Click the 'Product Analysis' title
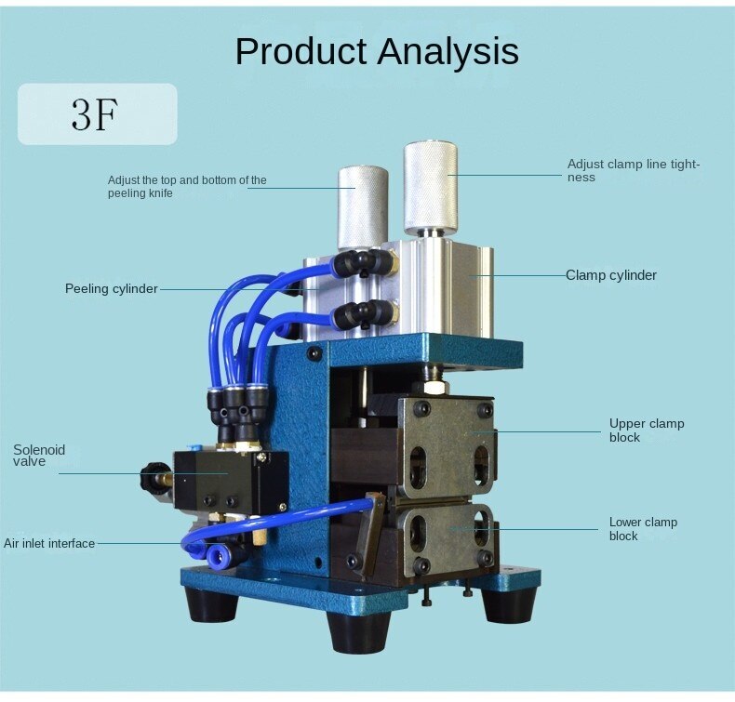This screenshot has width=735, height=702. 376,51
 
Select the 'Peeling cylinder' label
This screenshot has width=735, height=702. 111,288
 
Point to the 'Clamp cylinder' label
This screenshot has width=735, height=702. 611,275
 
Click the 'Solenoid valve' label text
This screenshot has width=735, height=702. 39,456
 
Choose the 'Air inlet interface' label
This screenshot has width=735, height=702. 49,543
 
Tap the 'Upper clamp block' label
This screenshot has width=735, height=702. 647,430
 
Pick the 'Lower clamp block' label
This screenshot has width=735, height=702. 643,528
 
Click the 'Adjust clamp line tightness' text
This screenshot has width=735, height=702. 633,170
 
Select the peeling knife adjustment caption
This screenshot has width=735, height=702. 187,186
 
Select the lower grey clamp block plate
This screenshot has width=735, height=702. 445,539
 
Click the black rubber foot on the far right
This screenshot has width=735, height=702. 506,604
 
